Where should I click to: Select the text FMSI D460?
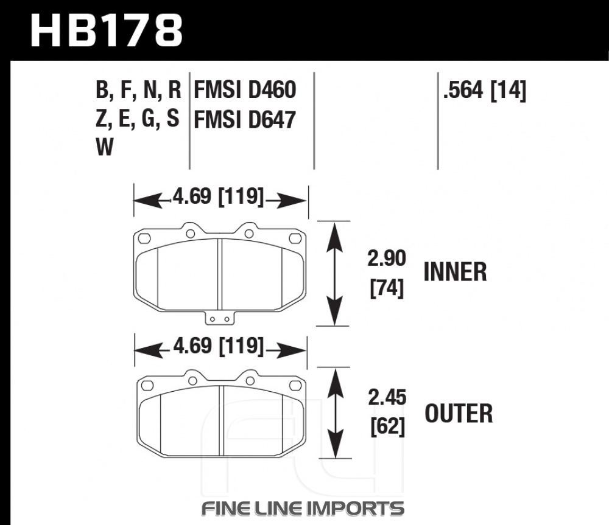245,90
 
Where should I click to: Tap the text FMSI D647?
245,119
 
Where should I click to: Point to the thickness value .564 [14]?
485,91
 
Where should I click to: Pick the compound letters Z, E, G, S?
138,119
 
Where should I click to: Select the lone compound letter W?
105,148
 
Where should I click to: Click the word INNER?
455,272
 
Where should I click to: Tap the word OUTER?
458,414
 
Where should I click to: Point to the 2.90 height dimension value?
387,259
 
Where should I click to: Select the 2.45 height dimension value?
387,400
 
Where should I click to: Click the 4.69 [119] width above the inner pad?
219,197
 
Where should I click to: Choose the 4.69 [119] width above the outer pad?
219,347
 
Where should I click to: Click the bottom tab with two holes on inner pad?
217,318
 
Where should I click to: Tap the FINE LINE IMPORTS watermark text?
303,507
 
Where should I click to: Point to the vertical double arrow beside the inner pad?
333,273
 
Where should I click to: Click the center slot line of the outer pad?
224,420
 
